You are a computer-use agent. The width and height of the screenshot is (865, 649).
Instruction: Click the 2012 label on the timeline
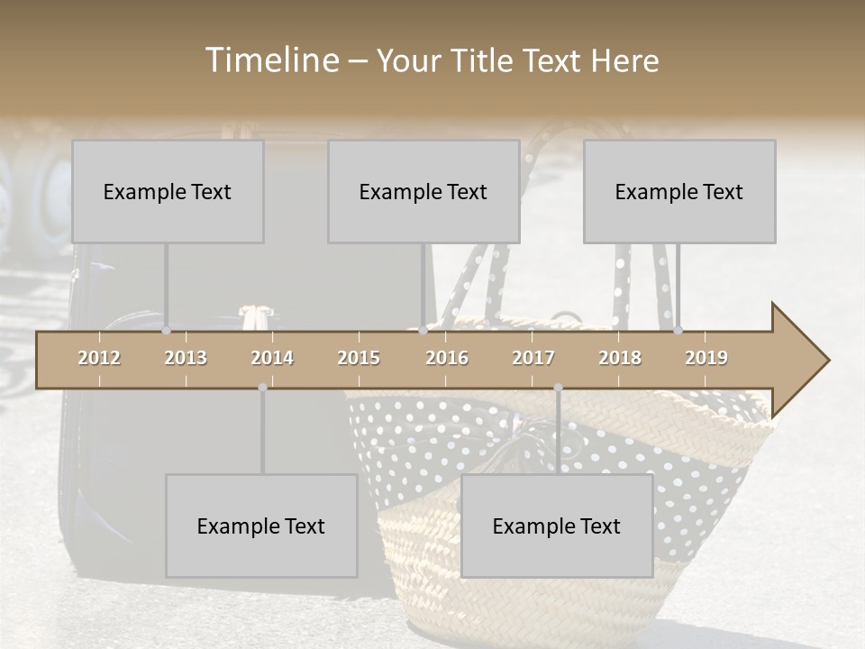click(99, 358)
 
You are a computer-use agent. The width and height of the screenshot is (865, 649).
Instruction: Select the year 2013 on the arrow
click(186, 358)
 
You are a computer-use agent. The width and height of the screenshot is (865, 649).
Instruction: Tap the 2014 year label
click(272, 358)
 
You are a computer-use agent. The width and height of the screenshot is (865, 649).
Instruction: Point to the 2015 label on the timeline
click(359, 358)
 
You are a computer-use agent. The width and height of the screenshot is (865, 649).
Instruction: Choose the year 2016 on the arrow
click(447, 358)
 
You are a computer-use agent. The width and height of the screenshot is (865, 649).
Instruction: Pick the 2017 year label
click(533, 358)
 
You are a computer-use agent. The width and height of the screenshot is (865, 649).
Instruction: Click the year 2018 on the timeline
click(620, 358)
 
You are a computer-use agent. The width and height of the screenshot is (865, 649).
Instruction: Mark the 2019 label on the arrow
click(706, 358)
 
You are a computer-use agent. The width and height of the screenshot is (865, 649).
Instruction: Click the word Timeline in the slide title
click(271, 60)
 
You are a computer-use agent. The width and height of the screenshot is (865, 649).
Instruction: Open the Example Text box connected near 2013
click(168, 191)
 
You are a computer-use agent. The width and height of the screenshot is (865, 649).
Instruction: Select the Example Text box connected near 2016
click(423, 191)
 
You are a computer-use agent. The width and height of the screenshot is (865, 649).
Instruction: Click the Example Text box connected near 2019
click(679, 191)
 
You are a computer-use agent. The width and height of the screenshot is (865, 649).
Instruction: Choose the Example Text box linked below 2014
click(261, 526)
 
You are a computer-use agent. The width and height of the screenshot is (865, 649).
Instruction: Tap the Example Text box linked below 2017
click(557, 526)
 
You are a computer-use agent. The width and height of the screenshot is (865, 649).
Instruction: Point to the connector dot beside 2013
click(166, 331)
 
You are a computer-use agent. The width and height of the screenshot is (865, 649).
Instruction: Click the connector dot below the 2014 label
click(262, 388)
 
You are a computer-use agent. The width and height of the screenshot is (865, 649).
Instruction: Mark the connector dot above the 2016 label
click(423, 331)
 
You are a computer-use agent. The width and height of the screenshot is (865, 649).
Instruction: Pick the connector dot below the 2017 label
click(558, 388)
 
